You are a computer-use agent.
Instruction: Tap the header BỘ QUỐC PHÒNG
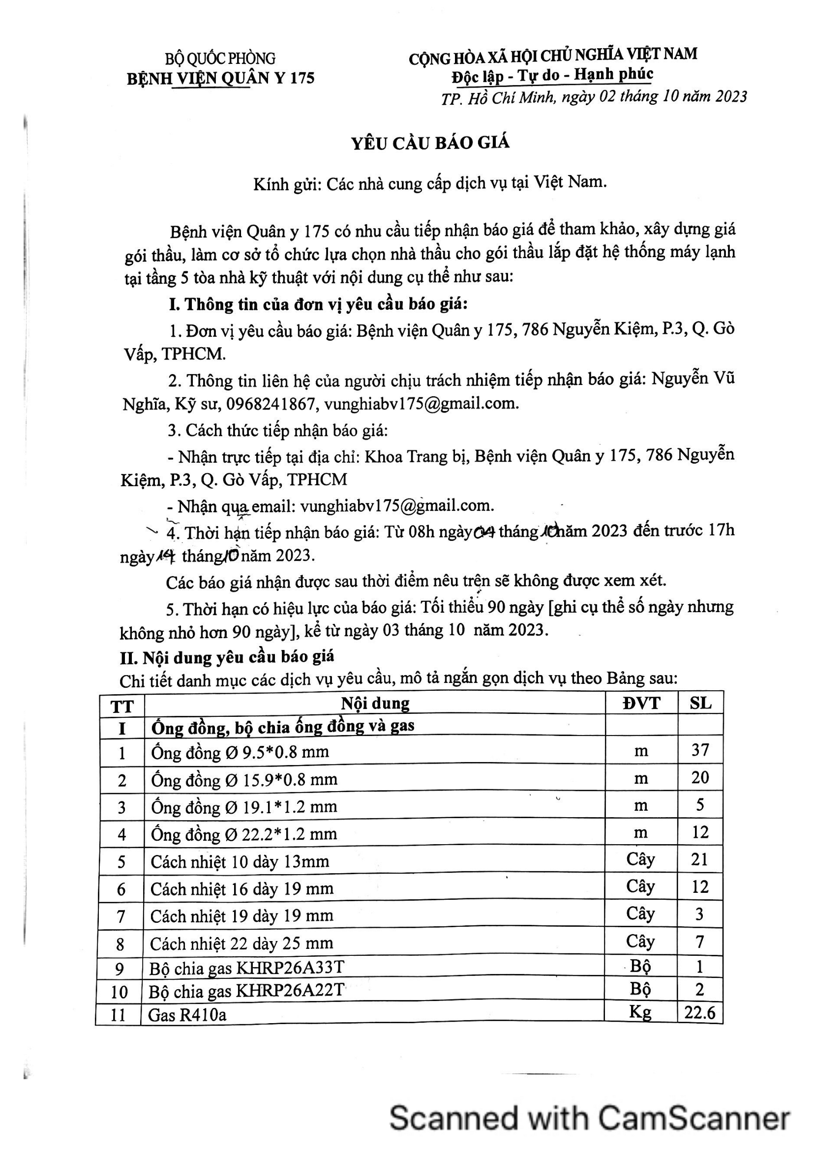220,59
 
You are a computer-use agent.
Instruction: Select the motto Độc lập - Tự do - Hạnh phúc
552,75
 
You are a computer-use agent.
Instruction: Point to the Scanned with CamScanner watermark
590,1119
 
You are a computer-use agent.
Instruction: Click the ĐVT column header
641,703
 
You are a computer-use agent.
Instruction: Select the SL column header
700,703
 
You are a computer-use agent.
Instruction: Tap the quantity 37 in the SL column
700,750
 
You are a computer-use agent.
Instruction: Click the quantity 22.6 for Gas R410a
700,1013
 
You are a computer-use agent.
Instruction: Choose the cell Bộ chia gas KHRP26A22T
246,991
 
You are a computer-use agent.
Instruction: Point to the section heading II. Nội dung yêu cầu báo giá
227,657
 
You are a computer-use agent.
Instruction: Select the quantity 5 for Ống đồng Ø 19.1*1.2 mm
700,805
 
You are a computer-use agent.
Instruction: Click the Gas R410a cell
187,1015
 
